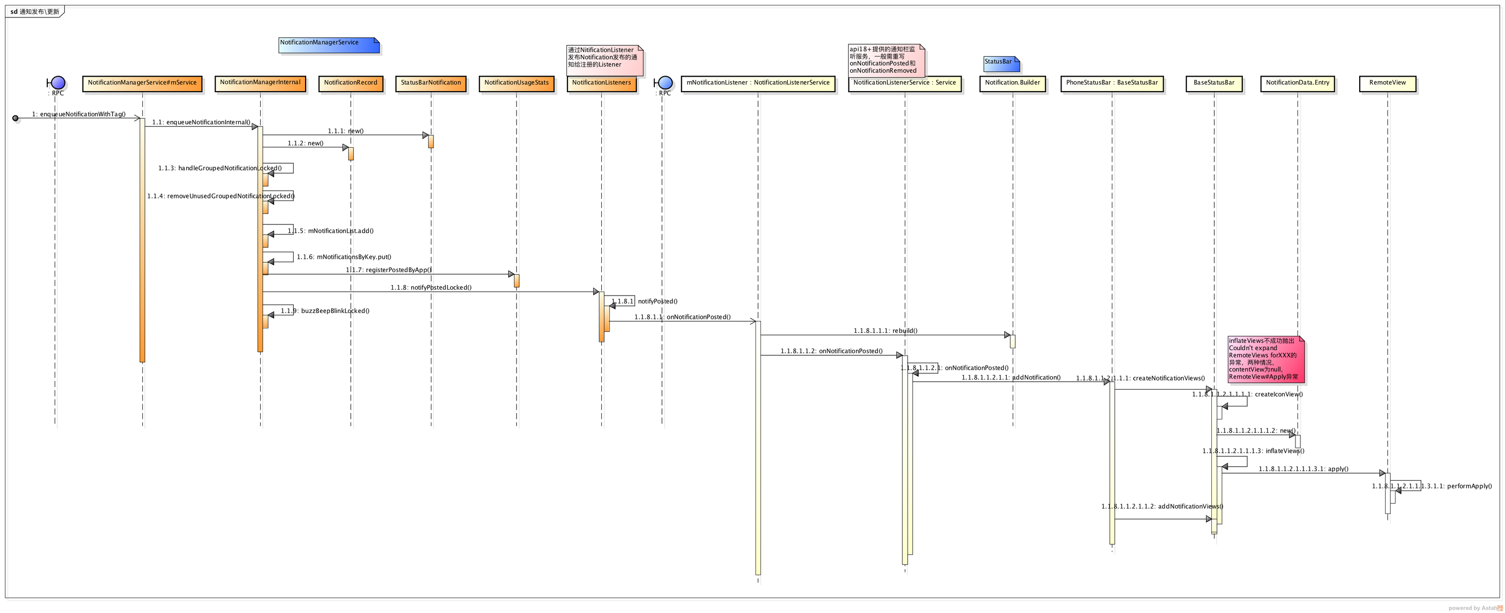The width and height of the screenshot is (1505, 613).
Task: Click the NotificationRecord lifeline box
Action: [x=350, y=83]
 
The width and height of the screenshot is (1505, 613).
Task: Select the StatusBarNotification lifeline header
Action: [x=430, y=83]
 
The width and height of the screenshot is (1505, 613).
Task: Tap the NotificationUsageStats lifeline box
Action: [x=516, y=83]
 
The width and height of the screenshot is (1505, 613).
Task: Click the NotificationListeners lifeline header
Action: [x=601, y=83]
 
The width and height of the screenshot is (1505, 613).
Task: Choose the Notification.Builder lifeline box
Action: [x=1012, y=83]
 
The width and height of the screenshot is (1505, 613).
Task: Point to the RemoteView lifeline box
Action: [x=1387, y=83]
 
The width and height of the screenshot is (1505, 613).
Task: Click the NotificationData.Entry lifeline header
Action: [x=1297, y=83]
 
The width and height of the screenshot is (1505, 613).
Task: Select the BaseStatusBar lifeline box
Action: [x=1213, y=83]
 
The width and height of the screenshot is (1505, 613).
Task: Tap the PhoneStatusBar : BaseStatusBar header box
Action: [x=1111, y=83]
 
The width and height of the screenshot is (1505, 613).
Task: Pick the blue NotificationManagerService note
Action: [x=328, y=45]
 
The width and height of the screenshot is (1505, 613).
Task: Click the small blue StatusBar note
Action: [x=1001, y=63]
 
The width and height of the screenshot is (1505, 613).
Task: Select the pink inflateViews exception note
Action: [x=1266, y=359]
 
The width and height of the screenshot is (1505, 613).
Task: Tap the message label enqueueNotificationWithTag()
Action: [x=79, y=114]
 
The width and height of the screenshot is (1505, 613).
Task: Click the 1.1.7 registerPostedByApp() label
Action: [x=389, y=270]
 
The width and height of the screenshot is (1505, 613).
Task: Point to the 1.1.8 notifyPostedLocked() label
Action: [x=431, y=288]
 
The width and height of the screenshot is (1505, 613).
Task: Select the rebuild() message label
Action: [x=885, y=331]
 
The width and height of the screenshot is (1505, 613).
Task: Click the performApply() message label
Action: [x=1431, y=486]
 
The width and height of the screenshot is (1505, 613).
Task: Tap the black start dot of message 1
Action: [x=15, y=118]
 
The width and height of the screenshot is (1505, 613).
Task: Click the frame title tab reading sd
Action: [x=34, y=11]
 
